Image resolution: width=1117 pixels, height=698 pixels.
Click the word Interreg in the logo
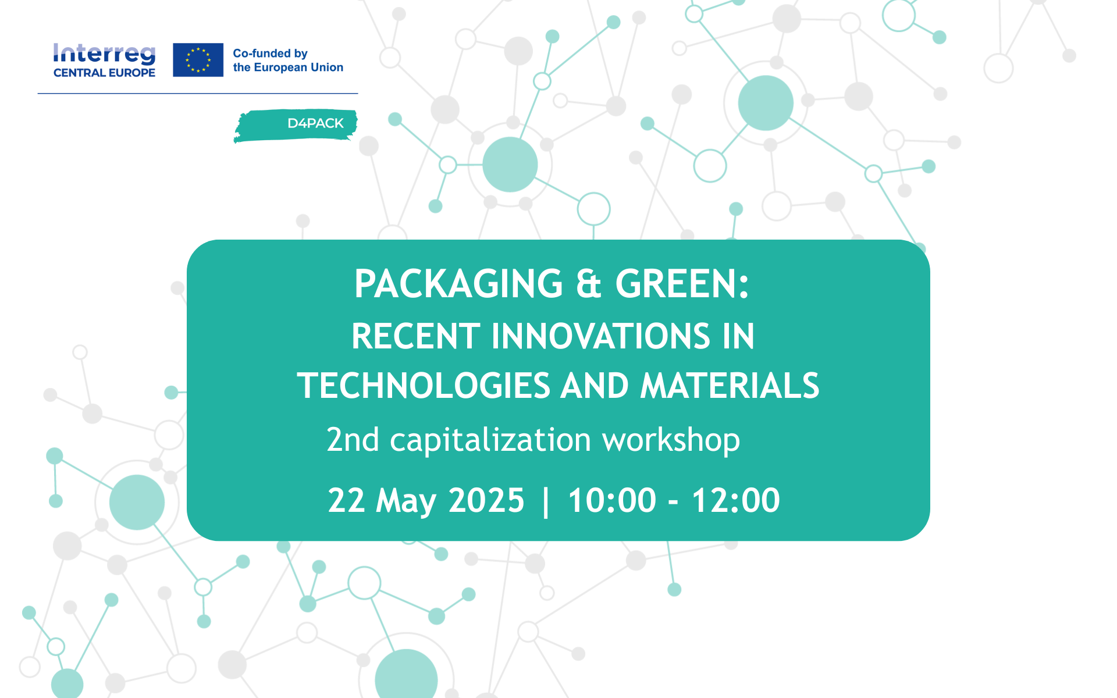pos(104,54)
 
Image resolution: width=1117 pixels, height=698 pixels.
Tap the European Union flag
pos(198,60)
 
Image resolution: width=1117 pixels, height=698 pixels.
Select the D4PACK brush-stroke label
pos(296,125)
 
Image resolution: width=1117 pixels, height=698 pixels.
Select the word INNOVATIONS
pos(601,336)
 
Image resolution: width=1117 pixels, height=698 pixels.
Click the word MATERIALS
pos(730,386)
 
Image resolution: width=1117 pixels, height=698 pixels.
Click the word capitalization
pos(490,441)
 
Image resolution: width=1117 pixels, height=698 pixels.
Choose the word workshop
pos(671,441)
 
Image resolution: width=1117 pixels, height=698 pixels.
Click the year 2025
pos(486,500)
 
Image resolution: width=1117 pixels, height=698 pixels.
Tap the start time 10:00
pos(612,500)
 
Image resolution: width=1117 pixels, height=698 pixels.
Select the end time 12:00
pos(736,500)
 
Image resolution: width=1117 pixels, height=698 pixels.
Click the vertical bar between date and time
pos(546,501)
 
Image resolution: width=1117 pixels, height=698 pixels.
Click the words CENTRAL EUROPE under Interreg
pos(104,73)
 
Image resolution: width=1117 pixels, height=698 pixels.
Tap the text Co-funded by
pos(270,53)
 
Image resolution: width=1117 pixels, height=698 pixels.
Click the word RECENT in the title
pos(416,336)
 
